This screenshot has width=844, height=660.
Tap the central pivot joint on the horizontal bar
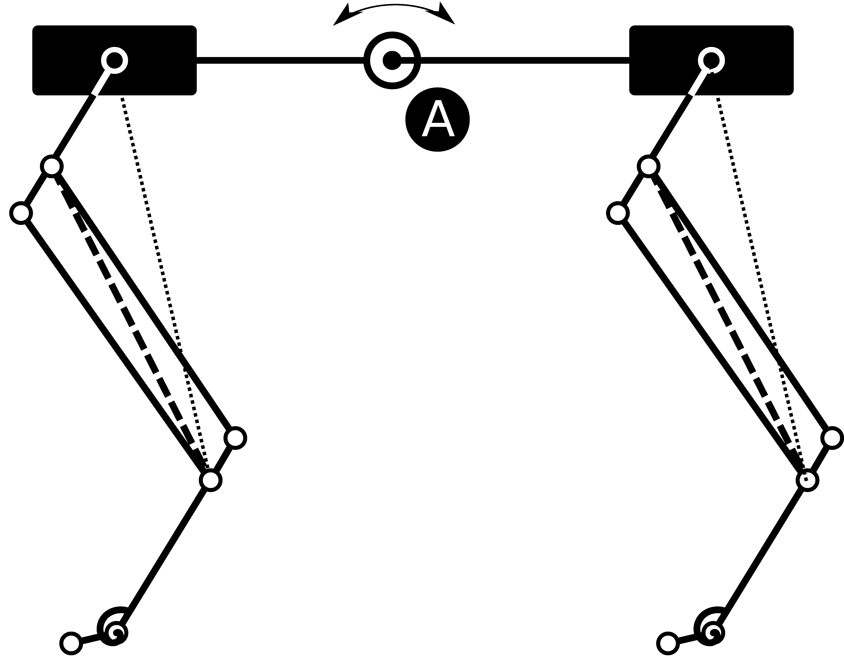392,61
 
